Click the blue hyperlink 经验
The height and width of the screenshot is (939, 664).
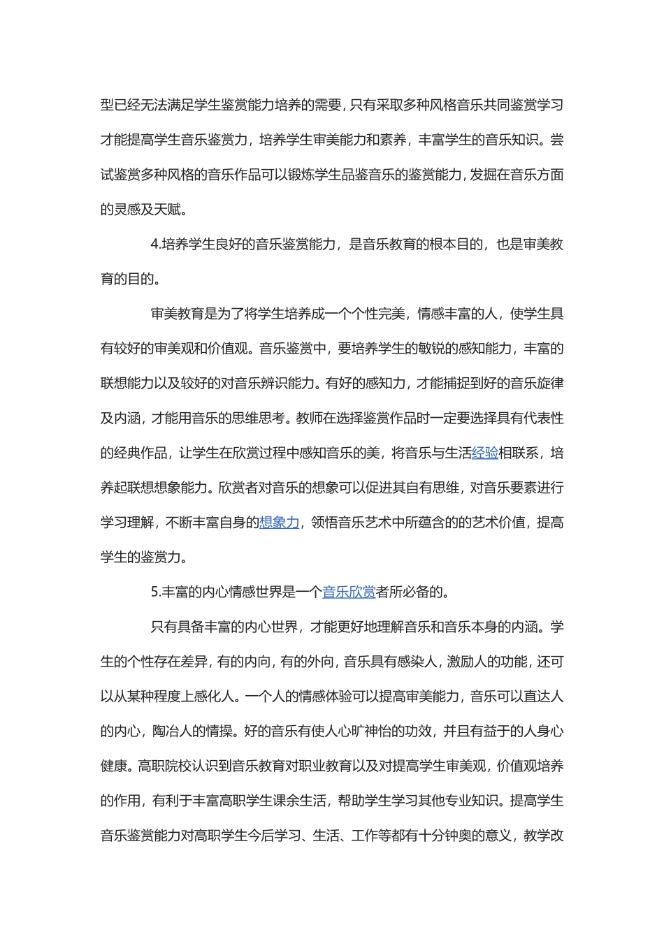coord(485,453)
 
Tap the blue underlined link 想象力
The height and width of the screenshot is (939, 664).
coord(280,523)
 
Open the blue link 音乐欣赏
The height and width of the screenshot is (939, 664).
coord(349,592)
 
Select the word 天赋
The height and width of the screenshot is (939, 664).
coord(167,210)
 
